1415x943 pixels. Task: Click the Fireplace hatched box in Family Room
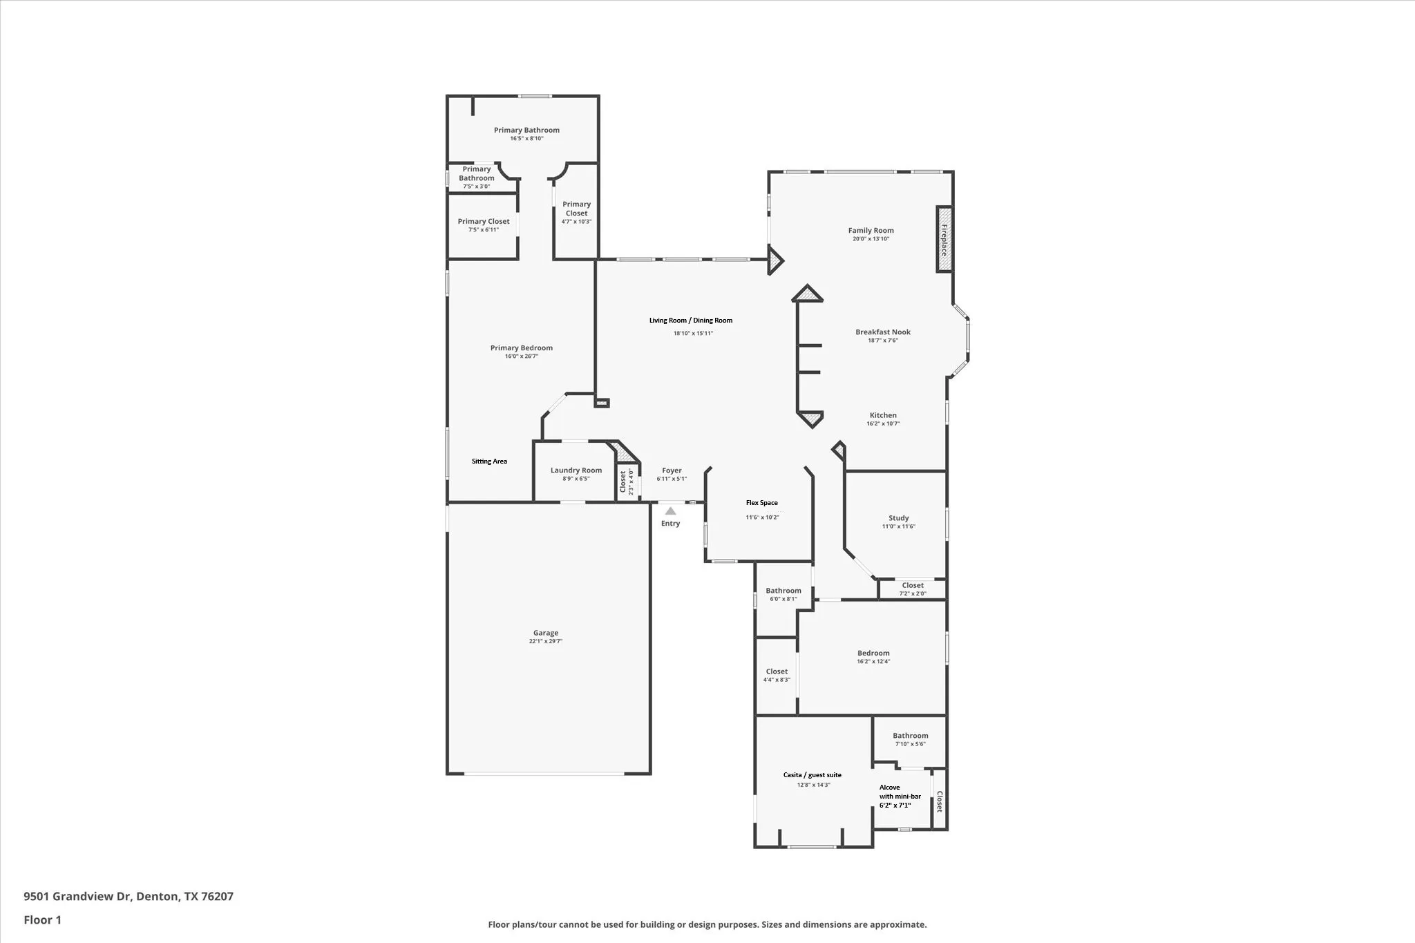tap(944, 240)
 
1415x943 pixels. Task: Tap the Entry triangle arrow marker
tap(670, 511)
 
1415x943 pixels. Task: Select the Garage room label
tap(545, 633)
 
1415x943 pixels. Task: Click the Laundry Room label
tap(576, 470)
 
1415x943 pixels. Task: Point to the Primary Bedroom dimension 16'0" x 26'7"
tap(521, 356)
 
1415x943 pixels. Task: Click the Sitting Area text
tap(489, 461)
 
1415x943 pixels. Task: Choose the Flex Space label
tap(761, 503)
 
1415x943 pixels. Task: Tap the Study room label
tap(898, 518)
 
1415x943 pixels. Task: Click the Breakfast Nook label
tap(882, 332)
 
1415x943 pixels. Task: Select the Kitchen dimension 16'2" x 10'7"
tap(882, 424)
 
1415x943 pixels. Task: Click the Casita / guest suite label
tap(812, 775)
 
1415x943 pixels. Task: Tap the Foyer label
tap(672, 470)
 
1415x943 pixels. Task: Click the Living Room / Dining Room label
tap(690, 321)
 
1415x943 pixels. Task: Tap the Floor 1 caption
tap(43, 920)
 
